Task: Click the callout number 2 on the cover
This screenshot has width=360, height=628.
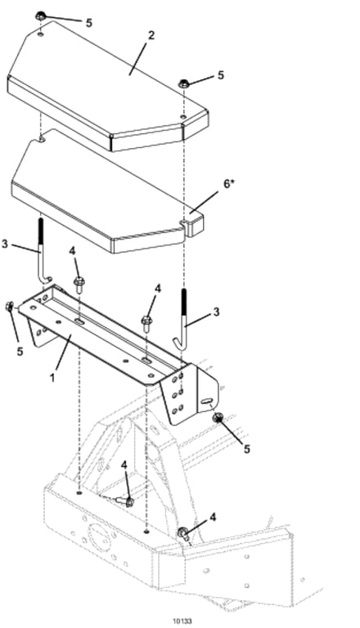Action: [151, 35]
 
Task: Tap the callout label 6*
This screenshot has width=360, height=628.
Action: [227, 185]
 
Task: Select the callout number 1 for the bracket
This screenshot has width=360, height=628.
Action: [52, 377]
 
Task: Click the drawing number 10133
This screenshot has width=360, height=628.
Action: [182, 621]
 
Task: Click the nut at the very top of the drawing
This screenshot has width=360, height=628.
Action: [40, 16]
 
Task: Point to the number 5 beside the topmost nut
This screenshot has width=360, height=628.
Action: [89, 23]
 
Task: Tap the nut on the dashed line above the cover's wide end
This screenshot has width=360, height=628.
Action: [183, 83]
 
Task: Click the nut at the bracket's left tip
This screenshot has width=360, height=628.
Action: [9, 307]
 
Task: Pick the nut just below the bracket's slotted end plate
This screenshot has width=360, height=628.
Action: [218, 418]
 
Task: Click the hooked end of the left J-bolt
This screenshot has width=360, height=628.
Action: [47, 279]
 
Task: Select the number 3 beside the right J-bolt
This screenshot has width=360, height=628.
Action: [217, 312]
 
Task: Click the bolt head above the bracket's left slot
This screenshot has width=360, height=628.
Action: [79, 280]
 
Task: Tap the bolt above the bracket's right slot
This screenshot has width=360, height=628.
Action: [146, 321]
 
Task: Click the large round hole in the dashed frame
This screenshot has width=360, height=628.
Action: [98, 538]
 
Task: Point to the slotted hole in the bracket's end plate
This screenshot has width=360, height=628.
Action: [206, 401]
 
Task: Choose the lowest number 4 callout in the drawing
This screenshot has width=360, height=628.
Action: [213, 518]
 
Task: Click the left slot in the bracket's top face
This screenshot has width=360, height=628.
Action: [79, 321]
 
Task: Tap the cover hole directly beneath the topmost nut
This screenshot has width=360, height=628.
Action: [40, 34]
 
